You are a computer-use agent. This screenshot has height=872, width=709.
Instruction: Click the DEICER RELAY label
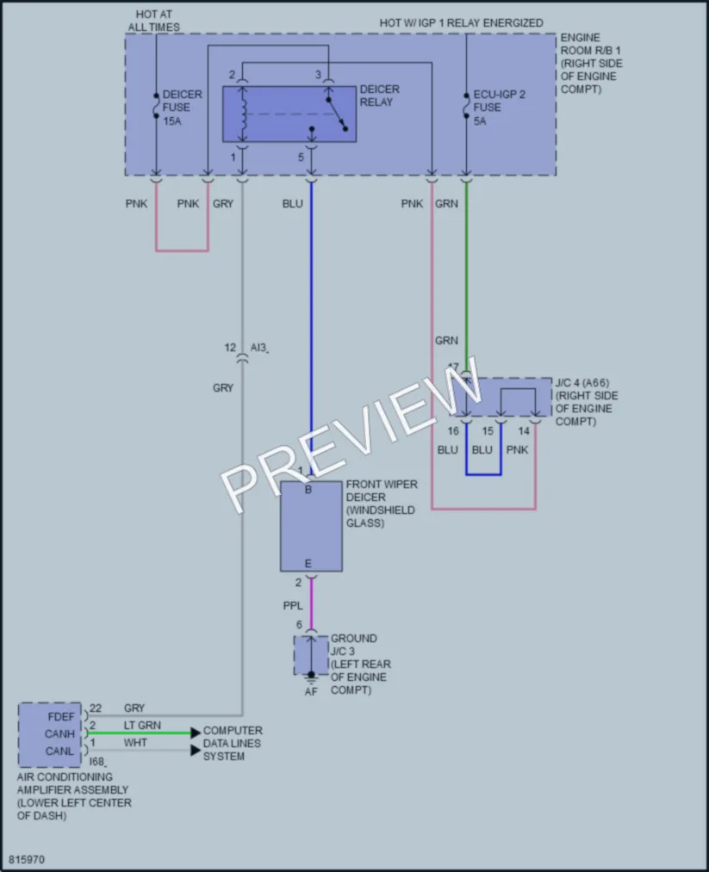tap(380, 96)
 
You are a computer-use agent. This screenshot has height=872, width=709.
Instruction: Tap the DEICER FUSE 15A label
tap(182, 108)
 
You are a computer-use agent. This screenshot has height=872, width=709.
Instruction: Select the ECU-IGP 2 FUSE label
tap(499, 108)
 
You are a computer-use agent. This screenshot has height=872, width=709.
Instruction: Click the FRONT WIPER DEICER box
tap(311, 526)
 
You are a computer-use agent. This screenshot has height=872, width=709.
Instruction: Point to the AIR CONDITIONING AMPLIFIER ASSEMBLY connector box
tap(49, 734)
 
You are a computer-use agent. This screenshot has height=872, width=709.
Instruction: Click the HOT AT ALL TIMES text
tap(154, 21)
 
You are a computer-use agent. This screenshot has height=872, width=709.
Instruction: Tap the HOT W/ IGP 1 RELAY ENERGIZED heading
tap(462, 22)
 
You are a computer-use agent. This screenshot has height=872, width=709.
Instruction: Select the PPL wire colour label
tap(293, 606)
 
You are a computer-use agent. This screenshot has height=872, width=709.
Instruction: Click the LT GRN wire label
tap(142, 725)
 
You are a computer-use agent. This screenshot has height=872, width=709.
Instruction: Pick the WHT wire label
tap(135, 742)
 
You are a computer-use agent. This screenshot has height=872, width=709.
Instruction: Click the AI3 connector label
tap(258, 348)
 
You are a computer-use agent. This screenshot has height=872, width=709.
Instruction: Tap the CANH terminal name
tap(59, 734)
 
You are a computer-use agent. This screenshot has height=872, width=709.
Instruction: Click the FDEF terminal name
tap(60, 717)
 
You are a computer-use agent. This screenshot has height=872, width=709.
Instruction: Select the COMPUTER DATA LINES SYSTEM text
tap(232, 744)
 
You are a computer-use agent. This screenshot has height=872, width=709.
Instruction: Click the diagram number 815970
tap(26, 859)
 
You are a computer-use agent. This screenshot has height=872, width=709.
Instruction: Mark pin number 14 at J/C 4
tap(524, 431)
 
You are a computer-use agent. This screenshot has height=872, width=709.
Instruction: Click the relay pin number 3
tap(319, 75)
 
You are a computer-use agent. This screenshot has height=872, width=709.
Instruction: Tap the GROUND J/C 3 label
tap(353, 645)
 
